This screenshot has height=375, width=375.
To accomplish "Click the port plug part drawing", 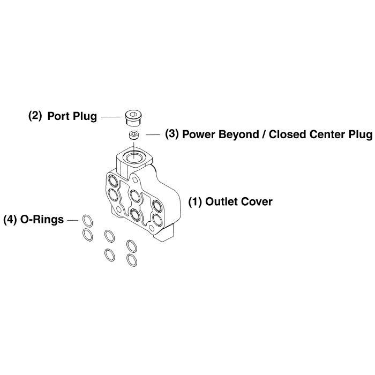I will [134, 116].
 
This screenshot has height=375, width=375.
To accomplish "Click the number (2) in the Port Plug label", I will [35, 116].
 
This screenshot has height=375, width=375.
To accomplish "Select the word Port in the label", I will [58, 116].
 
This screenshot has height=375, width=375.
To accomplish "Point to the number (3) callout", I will [172, 134].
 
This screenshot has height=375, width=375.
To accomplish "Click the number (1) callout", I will [195, 202].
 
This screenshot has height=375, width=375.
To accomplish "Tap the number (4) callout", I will [11, 219].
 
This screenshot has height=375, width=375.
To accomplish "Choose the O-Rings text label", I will [42, 219].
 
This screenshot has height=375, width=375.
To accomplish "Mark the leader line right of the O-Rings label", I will [73, 219].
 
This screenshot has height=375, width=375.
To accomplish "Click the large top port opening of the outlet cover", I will [134, 158].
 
